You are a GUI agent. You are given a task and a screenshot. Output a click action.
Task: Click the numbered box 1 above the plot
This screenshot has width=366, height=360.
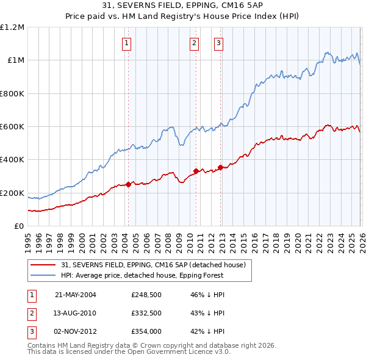coord(126,43)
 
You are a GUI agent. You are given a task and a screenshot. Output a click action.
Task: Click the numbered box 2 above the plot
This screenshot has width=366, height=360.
coord(194,43)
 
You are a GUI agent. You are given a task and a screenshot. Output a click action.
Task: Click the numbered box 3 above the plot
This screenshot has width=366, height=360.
coord(218,43)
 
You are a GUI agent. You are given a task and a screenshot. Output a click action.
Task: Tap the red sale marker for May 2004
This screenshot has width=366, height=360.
coord(128,185)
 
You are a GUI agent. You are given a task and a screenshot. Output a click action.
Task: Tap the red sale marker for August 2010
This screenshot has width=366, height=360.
coord(196,171)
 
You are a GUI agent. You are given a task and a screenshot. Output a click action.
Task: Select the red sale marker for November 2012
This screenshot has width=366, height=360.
coord(220,167)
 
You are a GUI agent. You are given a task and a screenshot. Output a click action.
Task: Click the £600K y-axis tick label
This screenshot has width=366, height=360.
coord(12,126)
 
